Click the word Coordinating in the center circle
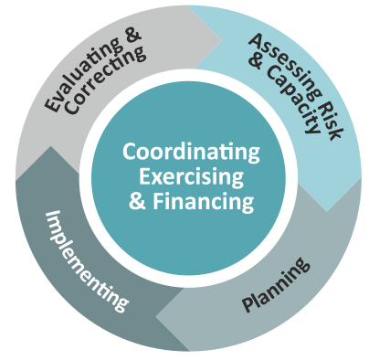(x=191, y=153)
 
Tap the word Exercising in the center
(x=191, y=177)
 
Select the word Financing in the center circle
(x=203, y=202)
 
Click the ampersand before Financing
(x=137, y=201)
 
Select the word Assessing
(x=285, y=67)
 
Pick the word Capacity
(x=293, y=100)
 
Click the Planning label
(x=276, y=284)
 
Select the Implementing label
(x=86, y=261)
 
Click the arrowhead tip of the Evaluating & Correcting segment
(x=221, y=39)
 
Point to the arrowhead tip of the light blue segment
(x=327, y=211)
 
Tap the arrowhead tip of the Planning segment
(x=156, y=317)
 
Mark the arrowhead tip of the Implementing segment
(x=50, y=147)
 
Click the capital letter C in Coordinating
(x=129, y=151)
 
